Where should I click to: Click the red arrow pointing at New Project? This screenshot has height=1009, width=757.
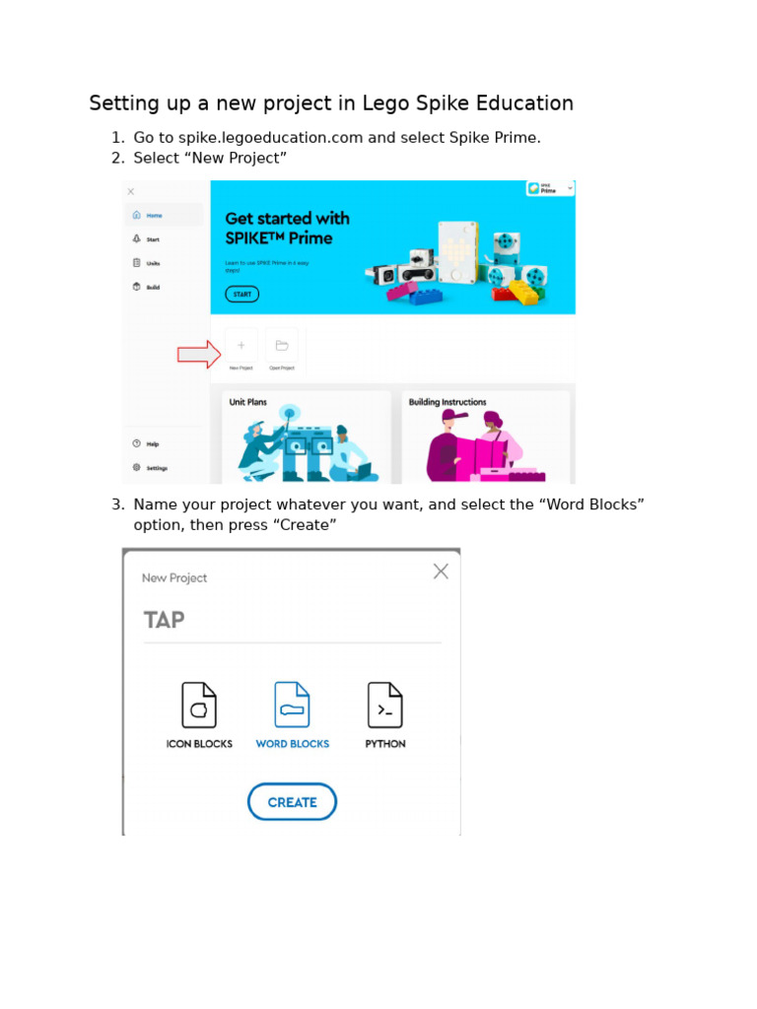[198, 355]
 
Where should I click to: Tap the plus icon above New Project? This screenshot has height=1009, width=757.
[241, 346]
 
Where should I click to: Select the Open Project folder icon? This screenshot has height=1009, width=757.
[282, 346]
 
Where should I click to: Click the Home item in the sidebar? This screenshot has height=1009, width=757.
[154, 215]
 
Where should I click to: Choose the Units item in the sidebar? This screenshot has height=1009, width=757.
[153, 263]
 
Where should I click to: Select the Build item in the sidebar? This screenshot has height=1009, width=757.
[153, 287]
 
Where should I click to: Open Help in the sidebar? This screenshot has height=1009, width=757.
[152, 443]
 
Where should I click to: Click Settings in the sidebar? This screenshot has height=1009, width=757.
[157, 468]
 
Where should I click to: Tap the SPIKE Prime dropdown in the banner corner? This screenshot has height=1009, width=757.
[550, 188]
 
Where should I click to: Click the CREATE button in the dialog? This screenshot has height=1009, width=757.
[292, 802]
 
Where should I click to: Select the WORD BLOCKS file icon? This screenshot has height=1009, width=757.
[292, 706]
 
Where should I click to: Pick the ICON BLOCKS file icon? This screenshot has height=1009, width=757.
[199, 706]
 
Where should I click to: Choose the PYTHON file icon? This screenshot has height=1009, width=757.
[384, 706]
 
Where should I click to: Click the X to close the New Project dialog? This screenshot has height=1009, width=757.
[441, 572]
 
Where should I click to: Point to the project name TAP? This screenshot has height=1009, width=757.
[165, 621]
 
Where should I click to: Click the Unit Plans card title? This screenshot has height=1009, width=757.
[248, 402]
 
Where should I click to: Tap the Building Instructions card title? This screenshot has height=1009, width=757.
[447, 402]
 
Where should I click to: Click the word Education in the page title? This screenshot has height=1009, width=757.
[521, 103]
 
